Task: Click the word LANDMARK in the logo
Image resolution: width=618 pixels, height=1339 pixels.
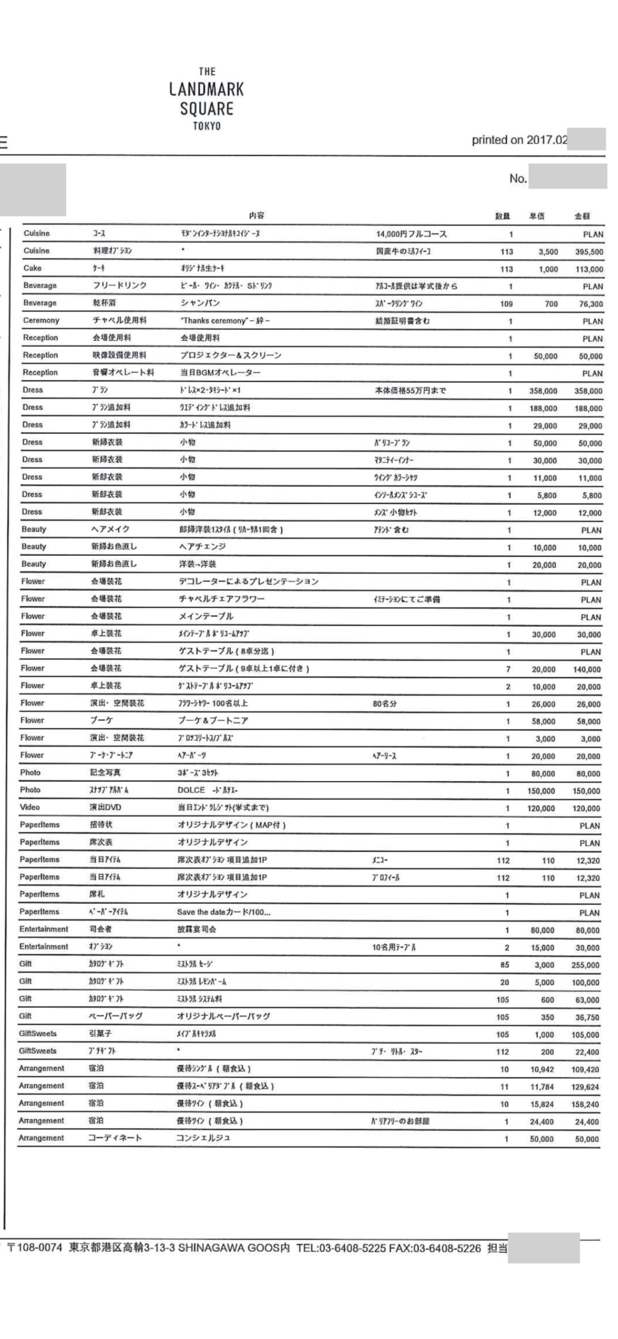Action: pyautogui.click(x=206, y=89)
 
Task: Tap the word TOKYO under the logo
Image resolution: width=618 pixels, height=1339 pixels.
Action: pyautogui.click(x=206, y=126)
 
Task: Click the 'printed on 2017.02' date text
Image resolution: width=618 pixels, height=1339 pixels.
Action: pyautogui.click(x=519, y=140)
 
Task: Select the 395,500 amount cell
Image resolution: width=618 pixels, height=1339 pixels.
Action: pyautogui.click(x=589, y=252)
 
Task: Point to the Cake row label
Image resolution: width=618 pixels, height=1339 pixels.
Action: pyautogui.click(x=32, y=268)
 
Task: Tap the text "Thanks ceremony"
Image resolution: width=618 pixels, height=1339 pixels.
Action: pyautogui.click(x=213, y=321)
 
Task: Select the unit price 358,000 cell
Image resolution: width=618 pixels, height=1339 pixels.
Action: pyautogui.click(x=543, y=391)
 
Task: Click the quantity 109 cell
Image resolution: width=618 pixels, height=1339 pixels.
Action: pyautogui.click(x=506, y=303)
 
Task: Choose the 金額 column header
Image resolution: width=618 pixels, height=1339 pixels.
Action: pyautogui.click(x=582, y=216)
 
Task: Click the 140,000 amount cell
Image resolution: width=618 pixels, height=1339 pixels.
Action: pyautogui.click(x=587, y=669)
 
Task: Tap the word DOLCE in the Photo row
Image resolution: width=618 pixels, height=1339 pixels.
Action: pyautogui.click(x=191, y=790)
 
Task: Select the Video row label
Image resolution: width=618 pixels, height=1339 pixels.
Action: pyautogui.click(x=29, y=807)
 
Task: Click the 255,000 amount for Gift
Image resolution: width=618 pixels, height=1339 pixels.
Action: pyautogui.click(x=585, y=965)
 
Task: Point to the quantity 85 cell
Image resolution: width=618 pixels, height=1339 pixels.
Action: pyautogui.click(x=505, y=965)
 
